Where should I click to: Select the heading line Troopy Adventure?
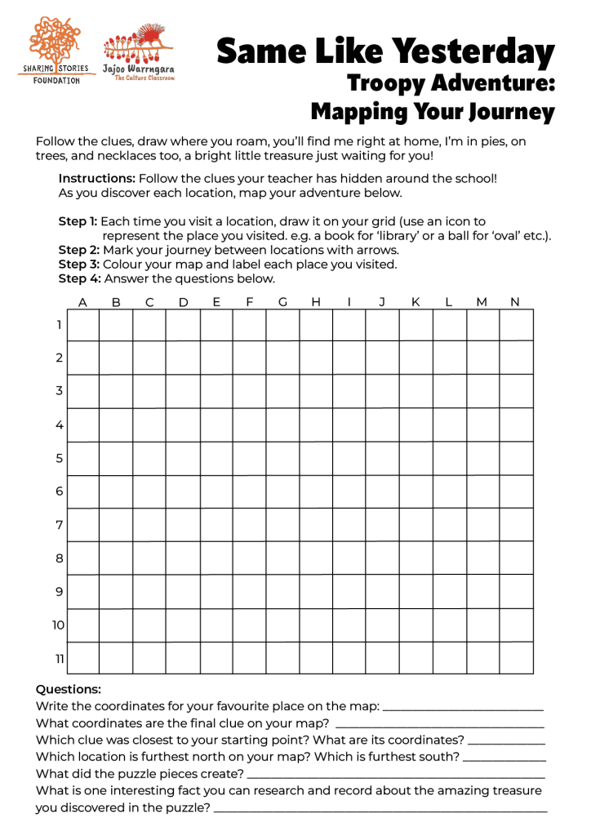click(451, 82)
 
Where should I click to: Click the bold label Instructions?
click(96, 178)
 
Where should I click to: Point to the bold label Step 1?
click(78, 221)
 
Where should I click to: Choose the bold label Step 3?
click(78, 265)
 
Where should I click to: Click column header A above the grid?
click(82, 302)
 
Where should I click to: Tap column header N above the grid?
click(514, 302)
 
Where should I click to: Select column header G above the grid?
click(282, 302)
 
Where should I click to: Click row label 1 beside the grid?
click(59, 325)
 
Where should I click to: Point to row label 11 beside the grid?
click(59, 658)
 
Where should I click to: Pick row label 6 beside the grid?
click(59, 491)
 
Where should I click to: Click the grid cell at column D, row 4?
click(183, 425)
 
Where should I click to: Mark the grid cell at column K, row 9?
click(415, 591)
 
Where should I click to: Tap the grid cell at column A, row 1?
click(82, 325)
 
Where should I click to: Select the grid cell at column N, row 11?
click(516, 658)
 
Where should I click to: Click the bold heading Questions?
click(68, 690)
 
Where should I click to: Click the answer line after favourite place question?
click(462, 708)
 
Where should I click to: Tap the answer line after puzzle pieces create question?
click(395, 775)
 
